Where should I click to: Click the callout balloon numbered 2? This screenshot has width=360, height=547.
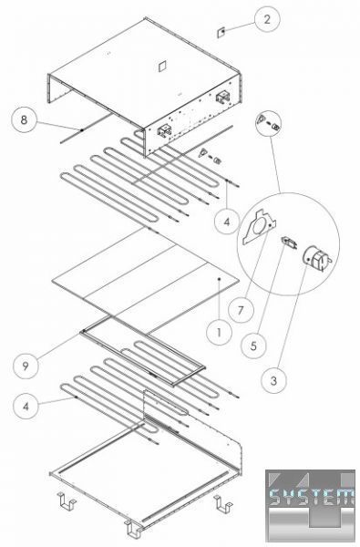(267, 19)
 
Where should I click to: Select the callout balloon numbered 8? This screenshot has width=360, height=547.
(24, 120)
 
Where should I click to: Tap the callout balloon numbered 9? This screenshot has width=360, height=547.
(26, 366)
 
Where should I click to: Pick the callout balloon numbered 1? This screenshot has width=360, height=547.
(219, 333)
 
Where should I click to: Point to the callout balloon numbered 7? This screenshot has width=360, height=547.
(241, 310)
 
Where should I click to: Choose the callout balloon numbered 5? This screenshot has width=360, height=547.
(253, 346)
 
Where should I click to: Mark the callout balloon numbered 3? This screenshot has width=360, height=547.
(273, 380)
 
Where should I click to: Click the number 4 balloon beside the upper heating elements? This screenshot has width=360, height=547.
(227, 222)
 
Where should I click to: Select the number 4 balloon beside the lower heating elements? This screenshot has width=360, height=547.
(26, 406)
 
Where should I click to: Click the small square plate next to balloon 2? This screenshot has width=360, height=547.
(221, 32)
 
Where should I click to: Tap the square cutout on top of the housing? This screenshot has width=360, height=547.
(161, 66)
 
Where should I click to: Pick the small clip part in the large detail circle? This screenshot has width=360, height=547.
(289, 242)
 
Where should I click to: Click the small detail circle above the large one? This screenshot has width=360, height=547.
(269, 125)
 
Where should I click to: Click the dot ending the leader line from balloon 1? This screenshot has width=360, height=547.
(219, 279)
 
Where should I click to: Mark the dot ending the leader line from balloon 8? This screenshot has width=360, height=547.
(82, 130)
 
